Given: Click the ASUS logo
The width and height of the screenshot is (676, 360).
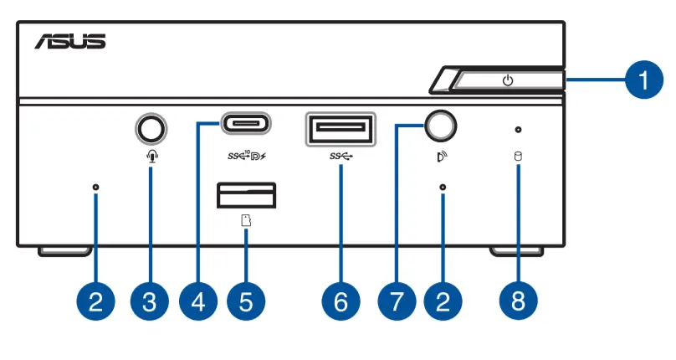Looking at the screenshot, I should (70, 41).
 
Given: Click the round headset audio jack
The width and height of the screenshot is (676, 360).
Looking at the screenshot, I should (150, 128).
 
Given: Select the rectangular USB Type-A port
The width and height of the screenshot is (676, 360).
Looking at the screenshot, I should (341, 130).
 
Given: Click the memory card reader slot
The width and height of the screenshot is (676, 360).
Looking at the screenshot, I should (246, 195).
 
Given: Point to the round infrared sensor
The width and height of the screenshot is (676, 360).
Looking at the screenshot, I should (442, 126).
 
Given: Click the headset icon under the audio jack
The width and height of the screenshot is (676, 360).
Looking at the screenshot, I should (150, 156).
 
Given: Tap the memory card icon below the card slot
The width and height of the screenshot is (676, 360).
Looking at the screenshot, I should (246, 222).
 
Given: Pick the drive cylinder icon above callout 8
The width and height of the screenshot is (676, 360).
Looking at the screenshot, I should (518, 156).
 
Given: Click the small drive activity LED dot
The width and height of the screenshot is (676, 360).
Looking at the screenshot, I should (519, 130).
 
